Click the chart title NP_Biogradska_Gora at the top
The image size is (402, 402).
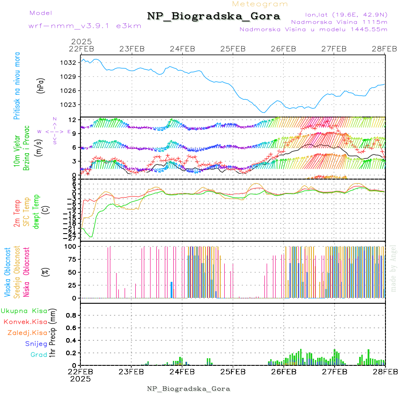coord(214,17)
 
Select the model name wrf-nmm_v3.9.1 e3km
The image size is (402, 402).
coord(85,26)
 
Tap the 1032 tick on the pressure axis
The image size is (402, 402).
coord(69,63)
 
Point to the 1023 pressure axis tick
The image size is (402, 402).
coord(69,105)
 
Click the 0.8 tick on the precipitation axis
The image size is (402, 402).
coord(70,315)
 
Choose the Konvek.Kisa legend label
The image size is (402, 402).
coord(25,322)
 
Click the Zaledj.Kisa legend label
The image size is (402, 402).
coord(27,333)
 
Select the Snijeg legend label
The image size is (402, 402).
coord(36,343)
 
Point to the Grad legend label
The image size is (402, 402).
coord(39,355)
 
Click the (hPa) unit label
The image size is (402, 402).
coord(41,85)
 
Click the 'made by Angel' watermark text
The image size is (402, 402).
coord(394,268)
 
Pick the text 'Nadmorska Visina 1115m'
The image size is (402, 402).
coord(339,21)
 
